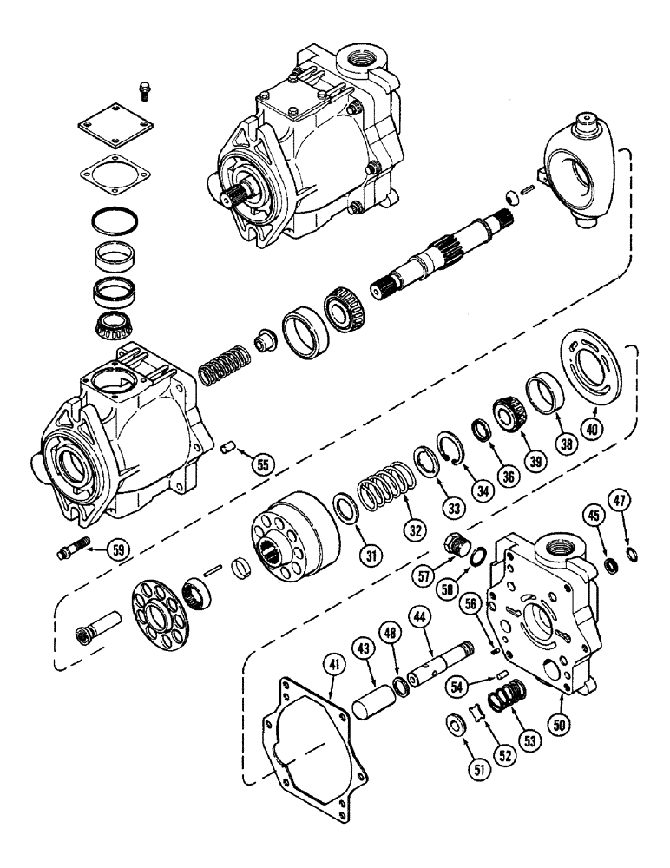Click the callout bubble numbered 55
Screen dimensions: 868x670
pos(260,464)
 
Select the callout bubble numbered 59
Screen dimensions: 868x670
pos(119,549)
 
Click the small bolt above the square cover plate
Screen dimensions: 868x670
pos(144,89)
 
